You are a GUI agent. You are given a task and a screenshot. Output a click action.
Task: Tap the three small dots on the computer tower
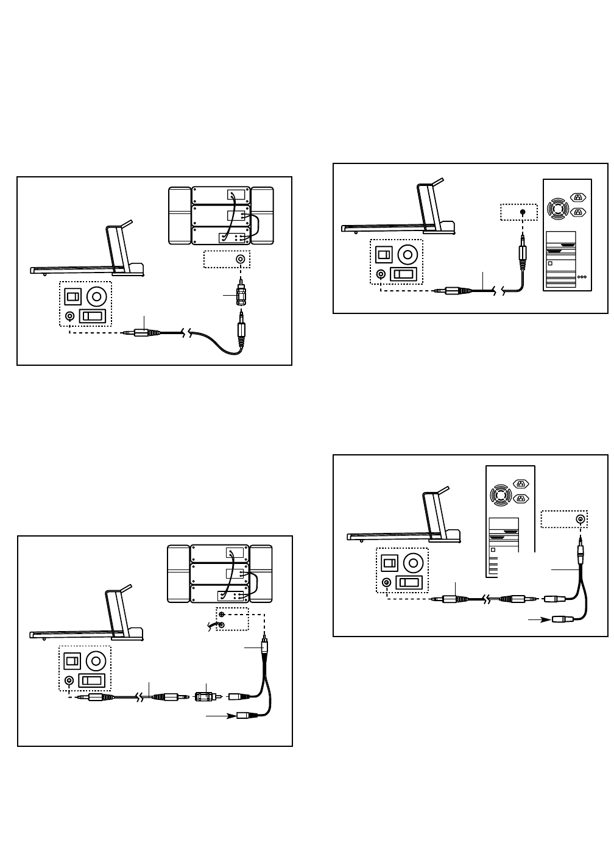coord(582,277)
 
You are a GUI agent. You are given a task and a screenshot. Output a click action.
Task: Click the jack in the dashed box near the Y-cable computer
coord(580,519)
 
